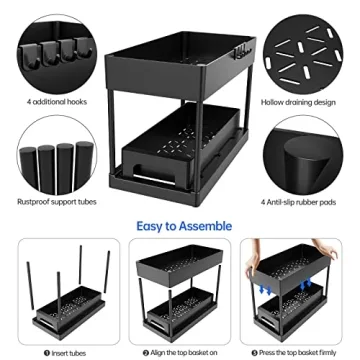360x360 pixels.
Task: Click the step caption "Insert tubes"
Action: pyautogui.click(x=61, y=352)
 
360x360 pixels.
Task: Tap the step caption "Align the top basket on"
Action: pyautogui.click(x=180, y=352)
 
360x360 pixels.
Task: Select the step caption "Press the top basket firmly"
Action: pyautogui.click(x=300, y=352)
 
